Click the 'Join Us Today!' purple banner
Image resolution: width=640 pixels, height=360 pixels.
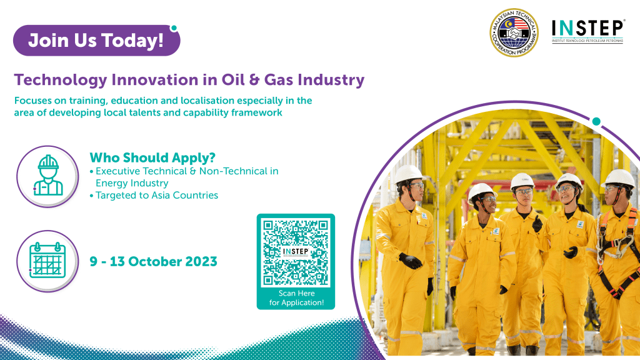96,41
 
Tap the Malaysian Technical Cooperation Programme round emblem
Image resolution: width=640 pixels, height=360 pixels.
513,33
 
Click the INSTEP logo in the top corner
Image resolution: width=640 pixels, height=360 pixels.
587,31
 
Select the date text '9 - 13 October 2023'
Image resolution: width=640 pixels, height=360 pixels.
153,261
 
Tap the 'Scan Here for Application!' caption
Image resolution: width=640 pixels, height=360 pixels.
296,298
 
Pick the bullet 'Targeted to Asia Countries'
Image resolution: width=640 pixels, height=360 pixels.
156,195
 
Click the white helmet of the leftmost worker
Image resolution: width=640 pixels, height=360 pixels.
409,173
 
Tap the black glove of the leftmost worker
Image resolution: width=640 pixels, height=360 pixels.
410,261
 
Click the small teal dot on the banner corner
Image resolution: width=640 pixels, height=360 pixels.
174,28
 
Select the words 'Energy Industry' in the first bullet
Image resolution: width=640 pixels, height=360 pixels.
131,183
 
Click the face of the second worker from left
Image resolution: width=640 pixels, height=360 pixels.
486,202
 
